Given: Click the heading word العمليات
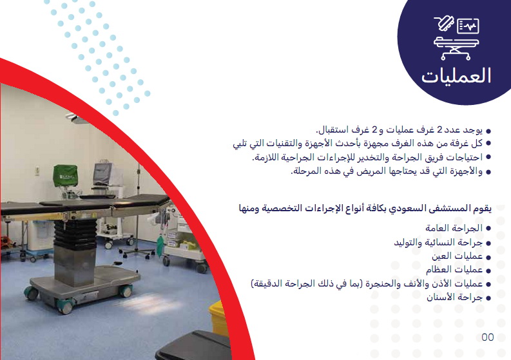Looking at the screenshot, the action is click(x=456, y=76).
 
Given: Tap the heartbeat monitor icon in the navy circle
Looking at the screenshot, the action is click(x=468, y=26).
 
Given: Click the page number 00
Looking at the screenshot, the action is click(x=488, y=337).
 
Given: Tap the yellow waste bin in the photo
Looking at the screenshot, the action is click(x=218, y=317).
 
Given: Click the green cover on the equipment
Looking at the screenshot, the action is click(x=66, y=176).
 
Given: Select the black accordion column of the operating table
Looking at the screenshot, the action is click(x=75, y=234).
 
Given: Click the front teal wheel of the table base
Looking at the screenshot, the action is click(x=66, y=306).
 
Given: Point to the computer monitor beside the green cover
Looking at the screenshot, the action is click(x=102, y=174).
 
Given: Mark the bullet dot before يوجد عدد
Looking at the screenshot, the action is click(x=488, y=131).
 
